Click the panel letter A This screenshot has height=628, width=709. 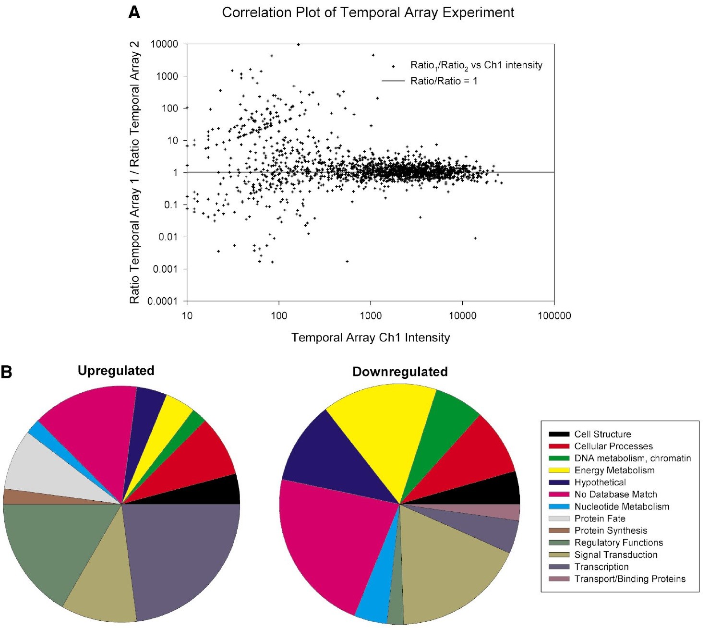tap(134, 12)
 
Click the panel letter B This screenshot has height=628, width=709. tap(6, 372)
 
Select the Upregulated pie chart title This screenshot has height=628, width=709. tap(116, 371)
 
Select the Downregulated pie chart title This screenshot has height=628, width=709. tap(400, 372)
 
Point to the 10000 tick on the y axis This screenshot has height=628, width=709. tap(164, 44)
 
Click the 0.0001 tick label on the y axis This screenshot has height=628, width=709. tap(162, 302)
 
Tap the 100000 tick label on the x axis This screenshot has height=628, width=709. tap(554, 316)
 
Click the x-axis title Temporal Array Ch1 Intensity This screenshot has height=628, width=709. tap(371, 338)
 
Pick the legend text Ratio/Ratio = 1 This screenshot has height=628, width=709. tap(444, 81)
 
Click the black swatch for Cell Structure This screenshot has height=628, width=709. tap(559, 435)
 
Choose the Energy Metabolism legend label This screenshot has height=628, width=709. tap(614, 471)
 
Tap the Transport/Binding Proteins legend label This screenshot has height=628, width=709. tap(629, 579)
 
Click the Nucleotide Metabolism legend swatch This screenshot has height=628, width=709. tap(559, 507)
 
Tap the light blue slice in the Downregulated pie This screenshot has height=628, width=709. tap(374, 600)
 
